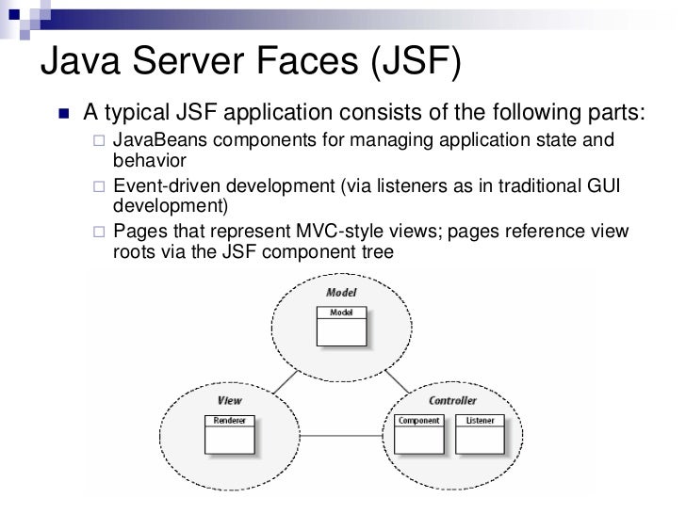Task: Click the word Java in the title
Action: coord(88,63)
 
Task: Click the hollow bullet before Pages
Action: coord(100,233)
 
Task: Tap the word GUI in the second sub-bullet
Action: coord(600,186)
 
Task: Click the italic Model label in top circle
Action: coord(340,293)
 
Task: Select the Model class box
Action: coord(340,325)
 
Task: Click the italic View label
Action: coord(229,400)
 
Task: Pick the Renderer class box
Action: coord(229,432)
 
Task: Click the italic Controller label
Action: coord(451,400)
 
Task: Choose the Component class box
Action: coord(419,432)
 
